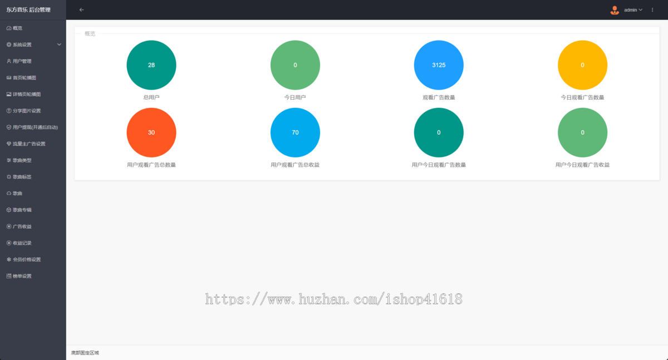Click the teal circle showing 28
click(x=151, y=65)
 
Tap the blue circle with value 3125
click(x=439, y=65)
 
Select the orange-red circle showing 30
click(x=151, y=132)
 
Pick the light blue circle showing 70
click(x=295, y=132)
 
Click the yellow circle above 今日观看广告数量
click(x=582, y=65)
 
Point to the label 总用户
click(x=151, y=97)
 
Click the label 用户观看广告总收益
click(x=295, y=165)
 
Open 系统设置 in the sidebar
click(x=22, y=45)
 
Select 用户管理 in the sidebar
click(x=22, y=61)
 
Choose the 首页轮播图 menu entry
click(x=24, y=78)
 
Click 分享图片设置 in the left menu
click(x=27, y=111)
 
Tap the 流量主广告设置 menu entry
click(x=29, y=144)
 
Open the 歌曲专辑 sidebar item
click(x=22, y=210)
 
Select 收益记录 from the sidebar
click(x=22, y=243)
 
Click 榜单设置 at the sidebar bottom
click(x=22, y=276)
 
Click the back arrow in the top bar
click(x=81, y=10)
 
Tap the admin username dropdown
click(x=633, y=10)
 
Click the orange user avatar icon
click(x=615, y=10)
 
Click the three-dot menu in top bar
click(x=652, y=10)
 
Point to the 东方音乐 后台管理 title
click(x=28, y=10)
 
